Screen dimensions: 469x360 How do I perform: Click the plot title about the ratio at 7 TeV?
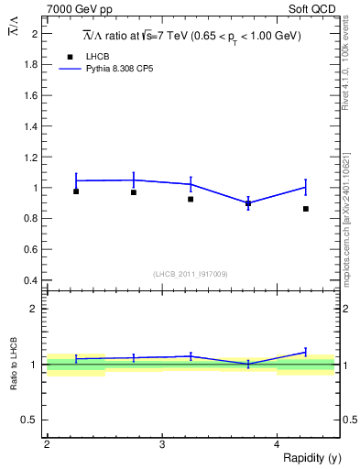click(x=191, y=36)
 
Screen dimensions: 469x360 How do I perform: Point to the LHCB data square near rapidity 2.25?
click(x=76, y=191)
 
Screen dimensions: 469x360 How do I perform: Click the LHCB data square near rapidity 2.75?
click(x=134, y=192)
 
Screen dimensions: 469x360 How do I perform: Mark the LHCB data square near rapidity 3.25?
click(x=191, y=199)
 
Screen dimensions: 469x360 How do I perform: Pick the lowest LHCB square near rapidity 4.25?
click(x=306, y=209)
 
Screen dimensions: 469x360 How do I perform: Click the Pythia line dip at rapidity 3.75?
click(x=248, y=203)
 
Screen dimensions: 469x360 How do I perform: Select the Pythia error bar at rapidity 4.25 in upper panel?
click(x=306, y=187)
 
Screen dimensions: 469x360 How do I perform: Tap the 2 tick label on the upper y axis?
click(x=35, y=34)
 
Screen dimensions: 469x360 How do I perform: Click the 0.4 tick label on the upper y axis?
click(x=32, y=280)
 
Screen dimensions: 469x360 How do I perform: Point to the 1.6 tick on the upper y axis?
click(x=32, y=95)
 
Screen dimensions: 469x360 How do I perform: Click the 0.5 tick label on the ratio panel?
click(x=32, y=420)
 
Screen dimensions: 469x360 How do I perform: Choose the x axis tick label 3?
click(x=161, y=445)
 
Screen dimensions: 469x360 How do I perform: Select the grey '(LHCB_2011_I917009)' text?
click(x=191, y=274)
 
